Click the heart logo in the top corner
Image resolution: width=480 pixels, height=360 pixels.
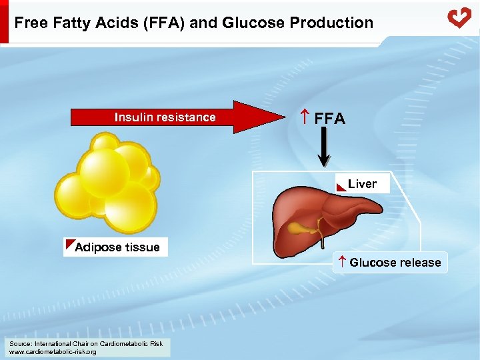pos(459,17)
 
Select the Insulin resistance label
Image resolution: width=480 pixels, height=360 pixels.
pos(165,117)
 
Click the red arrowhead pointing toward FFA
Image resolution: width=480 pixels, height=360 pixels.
pos(264,117)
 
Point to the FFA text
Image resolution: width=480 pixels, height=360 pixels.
pos(330,119)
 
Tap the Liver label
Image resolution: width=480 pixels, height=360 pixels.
pos(362,184)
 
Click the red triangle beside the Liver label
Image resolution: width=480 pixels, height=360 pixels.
pos(341,186)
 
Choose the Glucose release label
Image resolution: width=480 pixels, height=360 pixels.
pos(395,263)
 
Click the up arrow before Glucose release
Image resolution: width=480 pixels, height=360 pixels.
pos(341,262)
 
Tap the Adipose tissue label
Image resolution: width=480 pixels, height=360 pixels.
pos(118,247)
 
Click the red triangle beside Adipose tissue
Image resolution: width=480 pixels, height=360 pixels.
pos(70,244)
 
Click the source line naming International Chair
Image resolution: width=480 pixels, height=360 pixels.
pos(85,343)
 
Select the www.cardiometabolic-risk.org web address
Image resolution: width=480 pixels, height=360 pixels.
pos(53,351)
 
